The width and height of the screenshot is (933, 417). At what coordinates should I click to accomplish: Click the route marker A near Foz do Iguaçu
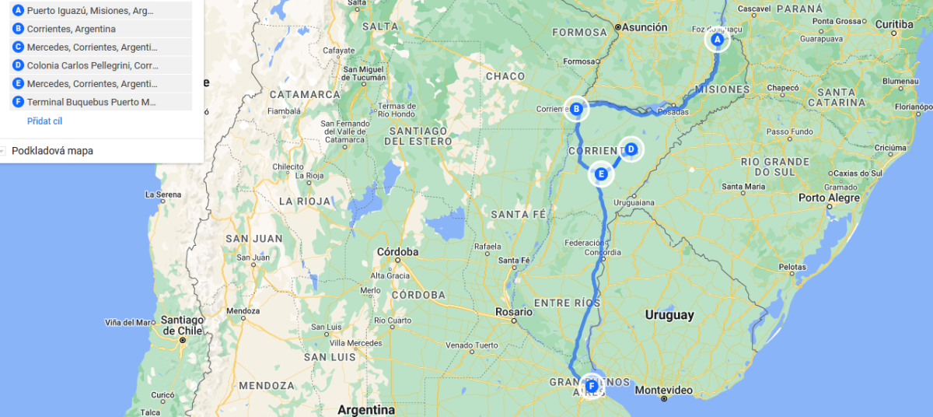pyautogui.click(x=718, y=40)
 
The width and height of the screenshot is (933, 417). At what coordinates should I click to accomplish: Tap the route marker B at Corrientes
pyautogui.click(x=576, y=110)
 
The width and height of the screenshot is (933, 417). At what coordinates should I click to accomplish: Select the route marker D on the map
pyautogui.click(x=631, y=149)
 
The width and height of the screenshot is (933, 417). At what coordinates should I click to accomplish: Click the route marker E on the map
pyautogui.click(x=600, y=173)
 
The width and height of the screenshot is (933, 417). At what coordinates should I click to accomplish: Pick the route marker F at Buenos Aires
pyautogui.click(x=592, y=385)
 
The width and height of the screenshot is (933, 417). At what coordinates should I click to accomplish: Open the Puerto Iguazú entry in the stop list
pyautogui.click(x=90, y=11)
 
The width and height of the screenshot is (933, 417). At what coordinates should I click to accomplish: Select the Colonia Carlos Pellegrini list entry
pyautogui.click(x=93, y=65)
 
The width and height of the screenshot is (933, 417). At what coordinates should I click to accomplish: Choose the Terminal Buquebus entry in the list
pyautogui.click(x=91, y=102)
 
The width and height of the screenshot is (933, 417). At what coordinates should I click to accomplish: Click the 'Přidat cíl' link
pyautogui.click(x=44, y=121)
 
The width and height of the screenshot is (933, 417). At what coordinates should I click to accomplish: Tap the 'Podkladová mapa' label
pyautogui.click(x=52, y=151)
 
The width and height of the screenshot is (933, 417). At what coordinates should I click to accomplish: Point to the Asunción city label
pyautogui.click(x=645, y=27)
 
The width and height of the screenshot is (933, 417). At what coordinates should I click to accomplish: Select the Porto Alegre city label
pyautogui.click(x=829, y=198)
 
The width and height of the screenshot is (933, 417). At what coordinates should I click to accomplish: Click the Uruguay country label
pyautogui.click(x=669, y=315)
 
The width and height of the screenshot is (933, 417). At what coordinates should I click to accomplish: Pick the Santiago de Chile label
pyautogui.click(x=182, y=325)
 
